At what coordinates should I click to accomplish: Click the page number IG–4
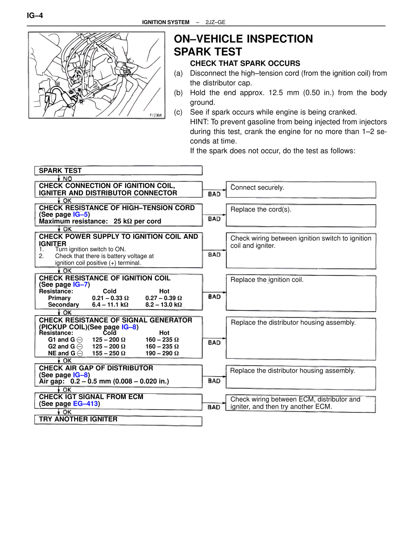point(35,16)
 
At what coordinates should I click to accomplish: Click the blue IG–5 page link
point(81,215)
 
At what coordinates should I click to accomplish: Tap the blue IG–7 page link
point(81,285)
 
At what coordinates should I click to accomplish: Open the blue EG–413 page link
point(85,404)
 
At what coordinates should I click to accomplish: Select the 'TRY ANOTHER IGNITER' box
point(118,421)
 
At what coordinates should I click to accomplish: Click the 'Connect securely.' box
point(301,190)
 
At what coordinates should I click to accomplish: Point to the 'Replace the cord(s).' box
point(301,215)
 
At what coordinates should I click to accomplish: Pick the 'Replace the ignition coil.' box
point(301,293)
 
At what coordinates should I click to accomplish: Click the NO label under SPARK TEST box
point(67,179)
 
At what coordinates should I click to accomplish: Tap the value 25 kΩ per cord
point(137,221)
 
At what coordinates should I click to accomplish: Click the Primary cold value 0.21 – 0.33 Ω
point(110,298)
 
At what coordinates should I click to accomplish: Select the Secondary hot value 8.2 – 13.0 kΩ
point(163,305)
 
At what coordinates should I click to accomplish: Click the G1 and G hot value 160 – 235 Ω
point(162,340)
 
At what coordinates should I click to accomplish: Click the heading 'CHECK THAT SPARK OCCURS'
point(245,63)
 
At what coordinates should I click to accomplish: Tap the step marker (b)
point(178,93)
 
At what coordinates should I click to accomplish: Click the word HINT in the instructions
point(199,122)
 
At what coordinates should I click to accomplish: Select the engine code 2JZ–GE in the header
point(215,22)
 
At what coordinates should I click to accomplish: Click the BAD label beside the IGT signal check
point(214,407)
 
